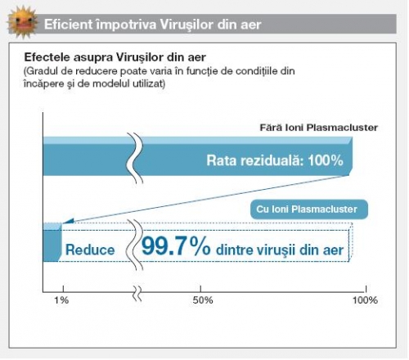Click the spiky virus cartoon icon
click(x=23, y=22)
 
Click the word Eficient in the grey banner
click(x=69, y=25)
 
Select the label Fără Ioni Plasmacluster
click(x=319, y=128)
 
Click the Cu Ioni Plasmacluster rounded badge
click(x=309, y=209)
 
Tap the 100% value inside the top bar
click(x=326, y=160)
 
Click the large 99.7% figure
click(x=176, y=246)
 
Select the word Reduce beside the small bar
click(x=90, y=250)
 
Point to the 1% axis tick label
click(x=61, y=300)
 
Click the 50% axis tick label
click(x=203, y=300)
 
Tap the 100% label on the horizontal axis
click(x=365, y=300)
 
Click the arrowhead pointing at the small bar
click(x=69, y=221)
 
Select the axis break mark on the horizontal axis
click(x=138, y=294)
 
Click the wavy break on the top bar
click(x=135, y=158)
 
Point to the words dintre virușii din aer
click(x=280, y=250)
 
